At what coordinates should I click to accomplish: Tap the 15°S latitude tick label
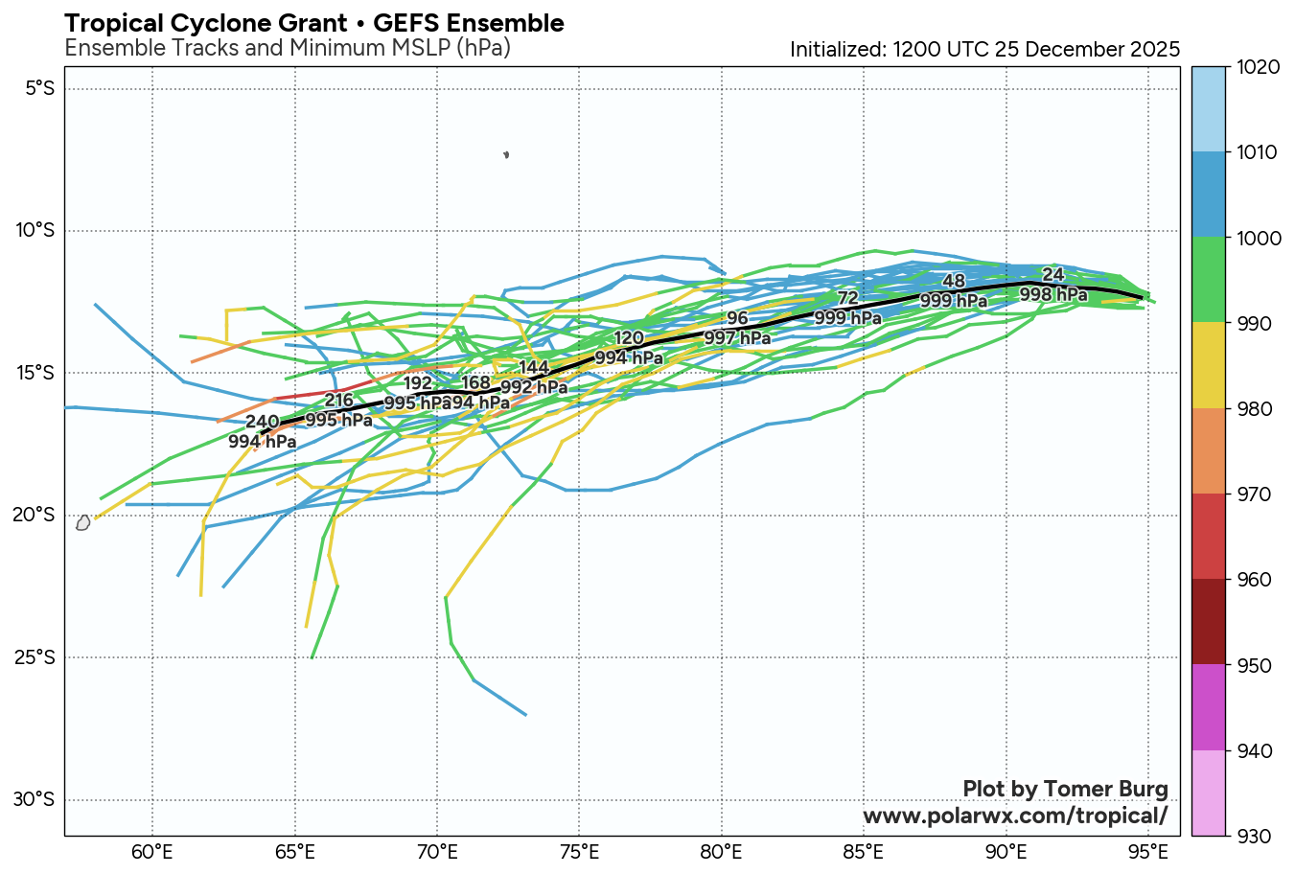[39, 372]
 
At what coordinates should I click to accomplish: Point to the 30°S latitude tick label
[39, 799]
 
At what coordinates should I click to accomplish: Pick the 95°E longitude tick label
[1148, 852]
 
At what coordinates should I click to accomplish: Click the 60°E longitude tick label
[151, 852]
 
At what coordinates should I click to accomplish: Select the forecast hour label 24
[1052, 275]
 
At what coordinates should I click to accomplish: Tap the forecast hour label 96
[736, 319]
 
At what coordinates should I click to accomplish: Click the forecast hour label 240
[262, 423]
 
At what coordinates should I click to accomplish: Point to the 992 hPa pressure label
[534, 388]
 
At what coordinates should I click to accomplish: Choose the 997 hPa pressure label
[737, 337]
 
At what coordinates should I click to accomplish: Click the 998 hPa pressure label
[1052, 294]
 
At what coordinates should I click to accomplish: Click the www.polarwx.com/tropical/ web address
[1015, 816]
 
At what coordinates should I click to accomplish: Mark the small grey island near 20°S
[82, 523]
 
